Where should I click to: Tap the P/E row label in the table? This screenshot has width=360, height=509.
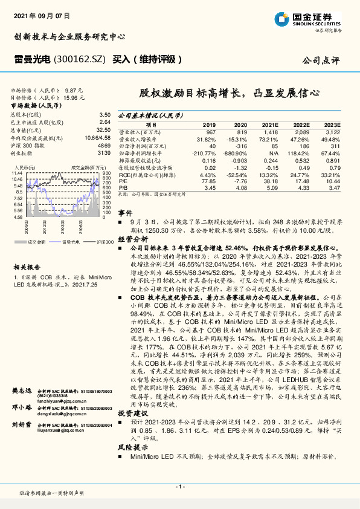tap(123, 181)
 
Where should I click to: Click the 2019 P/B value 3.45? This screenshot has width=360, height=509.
tap(210, 188)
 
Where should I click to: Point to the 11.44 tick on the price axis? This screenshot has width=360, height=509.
tap(18, 173)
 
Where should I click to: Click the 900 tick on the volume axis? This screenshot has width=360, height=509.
tap(106, 173)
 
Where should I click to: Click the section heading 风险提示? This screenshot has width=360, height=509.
tap(132, 447)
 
